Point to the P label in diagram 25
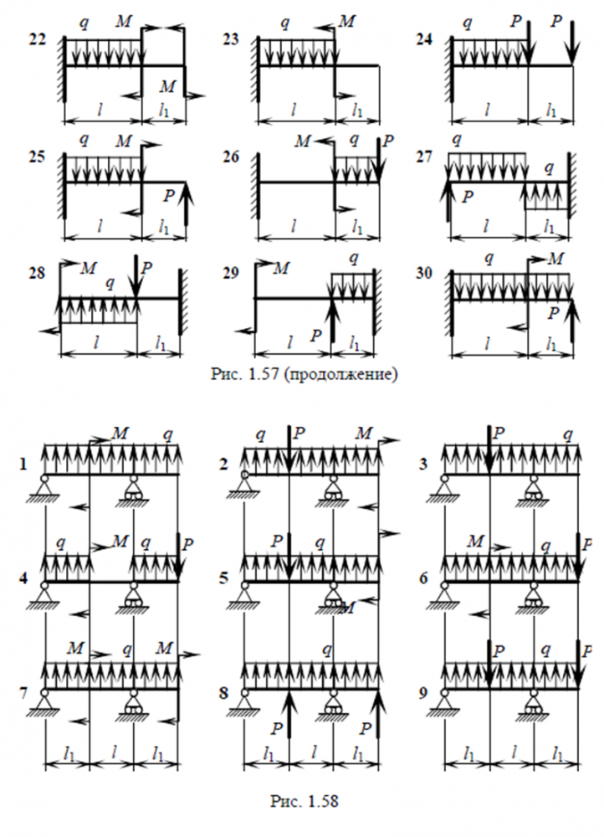click(171, 194)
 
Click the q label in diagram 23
click(286, 23)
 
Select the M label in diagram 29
click(282, 268)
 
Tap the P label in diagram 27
click(467, 197)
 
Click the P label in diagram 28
click(147, 268)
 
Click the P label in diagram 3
click(499, 433)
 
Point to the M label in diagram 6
click(476, 542)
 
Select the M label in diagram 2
click(364, 434)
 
